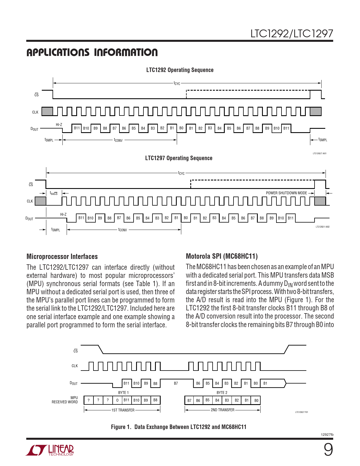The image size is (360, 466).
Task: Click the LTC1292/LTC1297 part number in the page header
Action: [x=291, y=34]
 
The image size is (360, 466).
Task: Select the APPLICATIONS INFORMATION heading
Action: [x=92, y=53]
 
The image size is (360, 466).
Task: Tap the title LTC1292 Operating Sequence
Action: [x=180, y=70]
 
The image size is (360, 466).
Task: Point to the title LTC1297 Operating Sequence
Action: [x=178, y=158]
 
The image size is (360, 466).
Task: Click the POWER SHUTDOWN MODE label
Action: [x=286, y=193]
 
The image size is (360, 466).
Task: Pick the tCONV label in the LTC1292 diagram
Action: [x=118, y=140]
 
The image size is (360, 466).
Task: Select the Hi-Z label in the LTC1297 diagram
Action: [x=63, y=214]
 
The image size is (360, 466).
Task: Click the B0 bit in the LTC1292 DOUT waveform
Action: [x=181, y=128]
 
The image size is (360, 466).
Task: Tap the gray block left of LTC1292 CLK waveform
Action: [x=47, y=111]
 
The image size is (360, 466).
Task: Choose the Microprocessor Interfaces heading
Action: [x=62, y=256]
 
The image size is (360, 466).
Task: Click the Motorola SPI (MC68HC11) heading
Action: [x=222, y=256]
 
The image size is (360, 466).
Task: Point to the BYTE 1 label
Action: [x=123, y=393]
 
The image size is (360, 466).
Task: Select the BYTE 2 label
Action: [x=222, y=393]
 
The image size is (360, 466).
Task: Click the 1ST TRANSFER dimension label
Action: [x=123, y=410]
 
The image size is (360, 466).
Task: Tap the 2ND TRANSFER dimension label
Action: [x=222, y=410]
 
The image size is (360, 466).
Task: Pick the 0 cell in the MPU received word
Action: [x=117, y=400]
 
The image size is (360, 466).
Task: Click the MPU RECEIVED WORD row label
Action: [x=65, y=400]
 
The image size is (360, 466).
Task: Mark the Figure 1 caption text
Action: [x=178, y=427]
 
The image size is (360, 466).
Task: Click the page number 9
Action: [x=328, y=450]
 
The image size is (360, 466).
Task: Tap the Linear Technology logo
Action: [x=50, y=450]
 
